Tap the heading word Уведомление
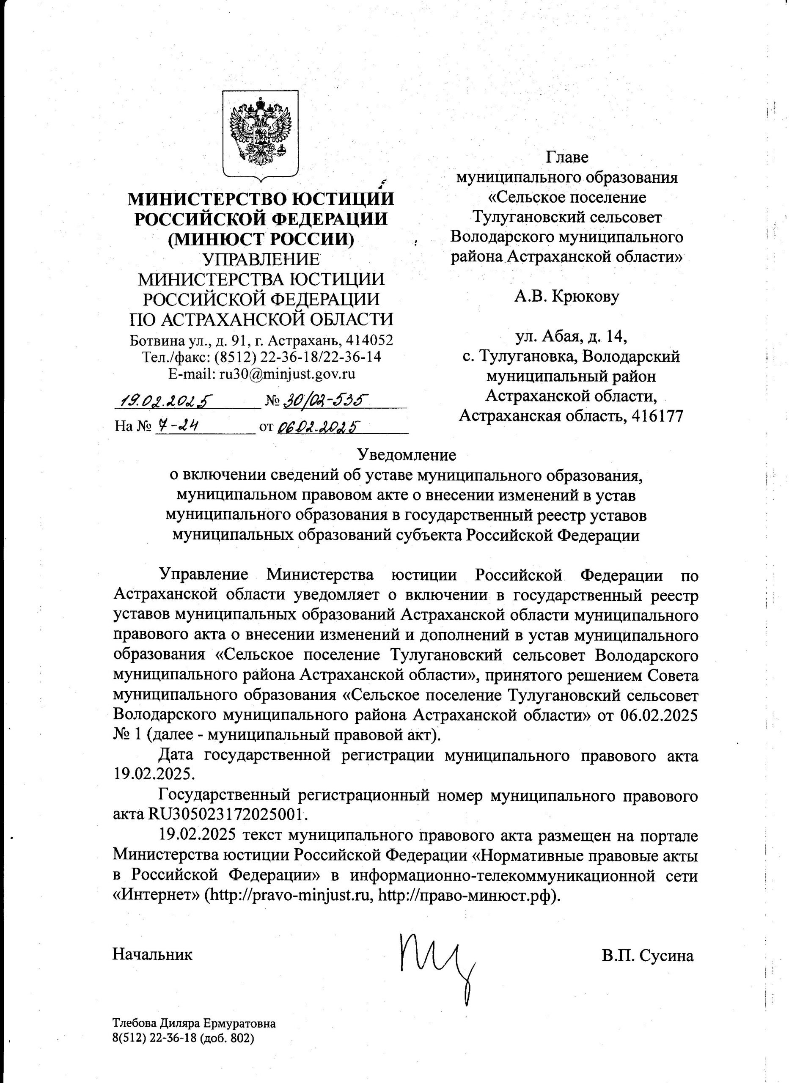point(407,455)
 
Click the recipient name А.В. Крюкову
point(566,297)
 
